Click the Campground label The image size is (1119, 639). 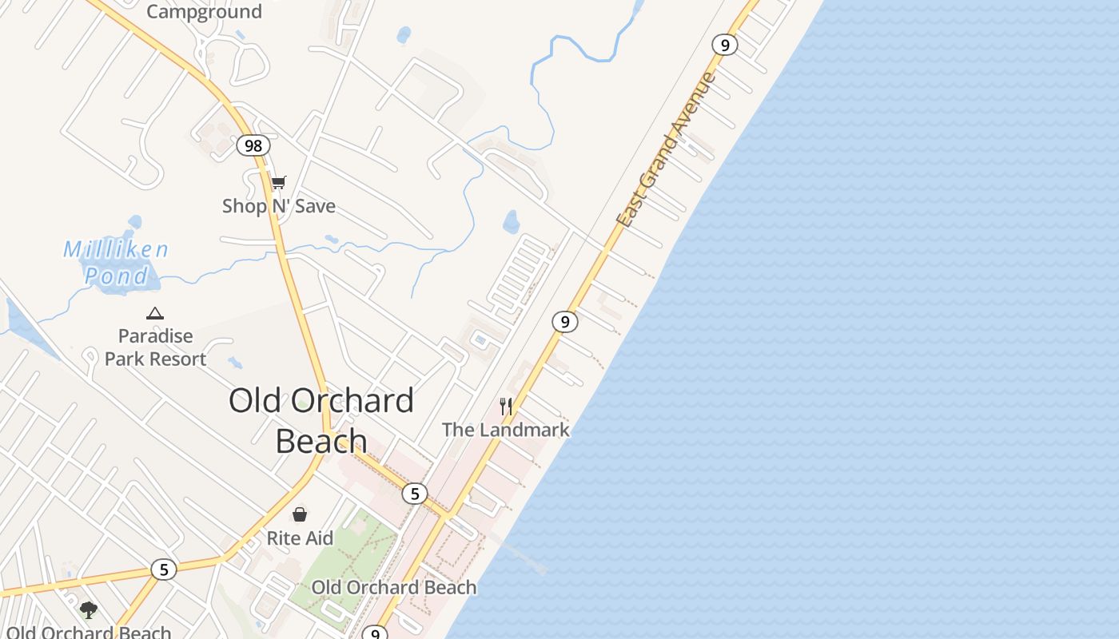pos(204,11)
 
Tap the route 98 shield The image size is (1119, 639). pos(253,145)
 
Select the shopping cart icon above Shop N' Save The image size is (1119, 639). pos(278,183)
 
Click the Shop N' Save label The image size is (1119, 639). pos(278,206)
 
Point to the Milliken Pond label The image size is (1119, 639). pos(117,262)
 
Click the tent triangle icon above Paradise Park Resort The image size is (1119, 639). pos(155,313)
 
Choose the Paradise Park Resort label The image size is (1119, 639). pos(156,347)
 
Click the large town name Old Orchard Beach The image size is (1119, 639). pos(321,420)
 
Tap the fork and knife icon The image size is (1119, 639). pos(506,407)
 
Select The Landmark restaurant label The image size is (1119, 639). pos(506,430)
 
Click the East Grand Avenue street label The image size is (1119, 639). pos(666,150)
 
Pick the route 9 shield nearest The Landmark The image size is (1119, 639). pos(565,322)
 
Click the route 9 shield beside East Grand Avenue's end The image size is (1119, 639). pos(724,45)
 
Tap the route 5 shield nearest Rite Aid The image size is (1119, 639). pos(414,494)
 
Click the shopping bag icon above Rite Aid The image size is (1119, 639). pos(300,514)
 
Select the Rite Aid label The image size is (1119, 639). pos(300,538)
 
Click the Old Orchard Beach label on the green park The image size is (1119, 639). pos(393,588)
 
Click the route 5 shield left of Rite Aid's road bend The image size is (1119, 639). pos(164,570)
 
